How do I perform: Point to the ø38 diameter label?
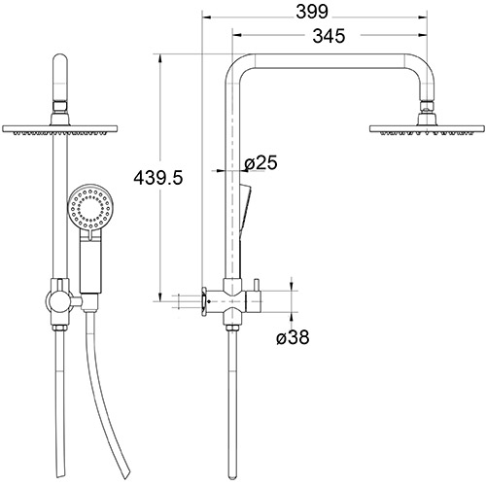pos(294,339)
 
